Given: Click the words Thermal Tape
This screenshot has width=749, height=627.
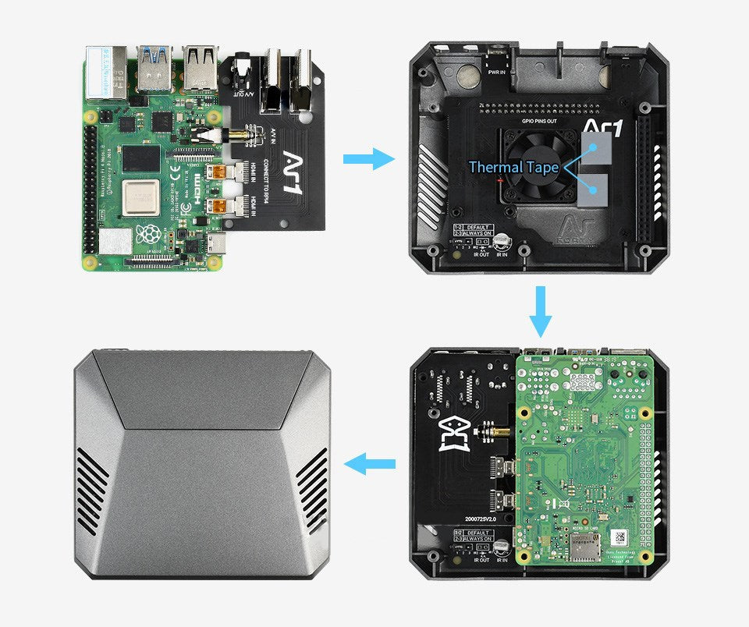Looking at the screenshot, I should point(513,167).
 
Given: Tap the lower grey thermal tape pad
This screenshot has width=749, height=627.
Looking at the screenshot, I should point(599,188).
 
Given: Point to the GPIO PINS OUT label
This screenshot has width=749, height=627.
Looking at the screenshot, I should point(540,122).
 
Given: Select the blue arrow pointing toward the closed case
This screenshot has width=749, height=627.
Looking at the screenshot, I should point(371,466).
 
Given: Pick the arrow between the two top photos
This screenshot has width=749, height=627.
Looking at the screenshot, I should point(370,161).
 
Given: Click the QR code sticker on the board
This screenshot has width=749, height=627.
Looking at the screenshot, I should point(620,537).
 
